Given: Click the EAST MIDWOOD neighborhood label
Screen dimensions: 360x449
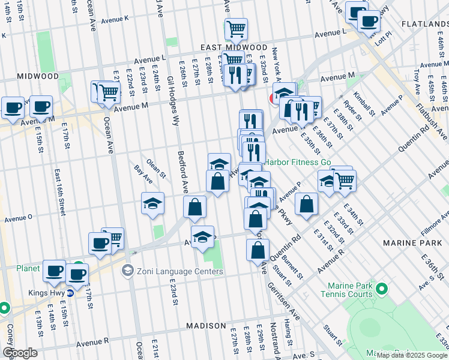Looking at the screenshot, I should (x=234, y=47).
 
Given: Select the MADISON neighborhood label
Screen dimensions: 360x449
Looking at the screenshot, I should (x=206, y=325).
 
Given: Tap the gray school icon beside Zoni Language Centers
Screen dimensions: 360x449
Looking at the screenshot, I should (x=127, y=271).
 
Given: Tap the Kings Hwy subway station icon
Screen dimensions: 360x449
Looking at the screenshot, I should (x=70, y=293).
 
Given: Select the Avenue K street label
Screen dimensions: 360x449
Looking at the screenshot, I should (x=115, y=19).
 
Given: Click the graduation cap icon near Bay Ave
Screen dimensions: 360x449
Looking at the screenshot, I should (x=153, y=203).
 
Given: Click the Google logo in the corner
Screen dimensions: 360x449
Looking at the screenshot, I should (x=20, y=353).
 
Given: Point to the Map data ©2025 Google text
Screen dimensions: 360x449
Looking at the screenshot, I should (x=412, y=355).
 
